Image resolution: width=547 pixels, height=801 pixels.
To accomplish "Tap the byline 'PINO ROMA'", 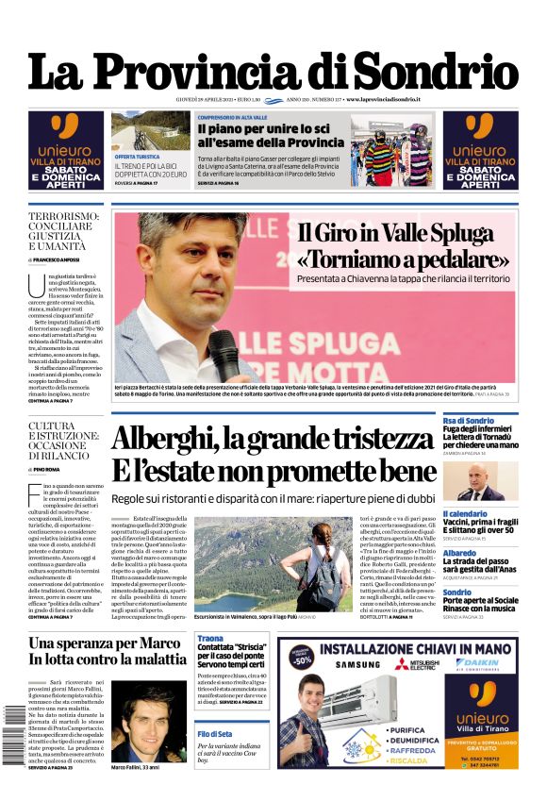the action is point(47,468).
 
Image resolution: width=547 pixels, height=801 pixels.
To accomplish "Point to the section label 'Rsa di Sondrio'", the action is point(469,421).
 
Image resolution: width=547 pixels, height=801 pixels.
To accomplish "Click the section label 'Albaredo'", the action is point(460,553).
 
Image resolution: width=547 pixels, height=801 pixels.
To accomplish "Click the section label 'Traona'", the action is point(210,639).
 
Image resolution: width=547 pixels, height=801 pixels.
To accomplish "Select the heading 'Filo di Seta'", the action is point(215,733).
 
